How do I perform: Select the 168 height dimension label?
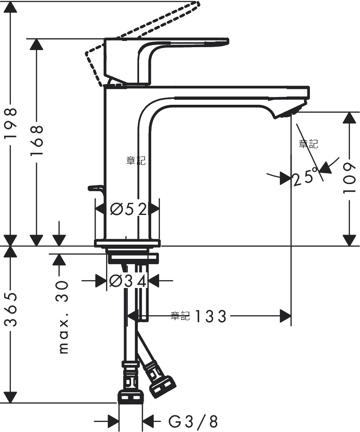pos(37,141)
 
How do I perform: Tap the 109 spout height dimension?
pos(350,178)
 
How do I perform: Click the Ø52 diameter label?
pos(128,210)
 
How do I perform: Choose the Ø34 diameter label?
pos(128,281)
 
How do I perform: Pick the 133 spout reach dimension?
pos(211,316)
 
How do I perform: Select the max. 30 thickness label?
pos(63,317)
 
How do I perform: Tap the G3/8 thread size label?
pos(193,422)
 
